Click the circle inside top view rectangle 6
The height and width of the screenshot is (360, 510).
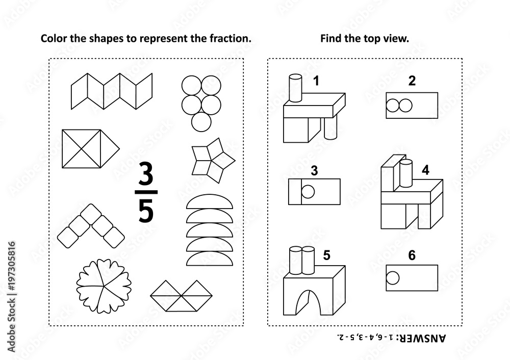point(393,278)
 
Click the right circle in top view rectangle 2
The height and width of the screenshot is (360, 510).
point(404,106)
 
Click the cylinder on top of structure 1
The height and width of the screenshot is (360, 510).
point(295,87)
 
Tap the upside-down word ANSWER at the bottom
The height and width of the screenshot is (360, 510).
point(428,337)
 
